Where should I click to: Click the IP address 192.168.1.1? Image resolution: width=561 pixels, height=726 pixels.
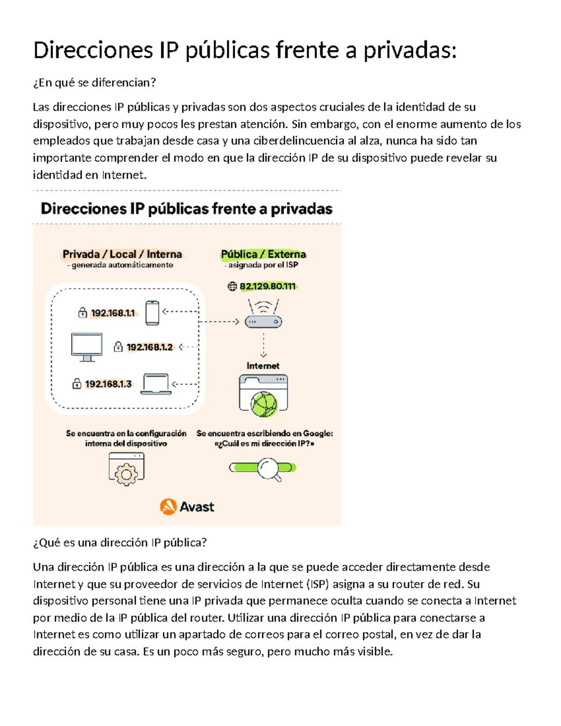click(113, 313)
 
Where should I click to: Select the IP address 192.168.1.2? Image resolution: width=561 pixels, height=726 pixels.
click(150, 347)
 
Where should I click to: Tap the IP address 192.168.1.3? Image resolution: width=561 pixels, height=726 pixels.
click(108, 384)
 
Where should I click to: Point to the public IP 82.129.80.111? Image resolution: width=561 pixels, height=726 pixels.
click(267, 287)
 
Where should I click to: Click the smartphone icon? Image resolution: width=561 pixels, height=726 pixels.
click(152, 313)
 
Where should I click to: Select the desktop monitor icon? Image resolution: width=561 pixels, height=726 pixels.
click(86, 347)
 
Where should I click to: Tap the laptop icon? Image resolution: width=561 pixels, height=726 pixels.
click(156, 384)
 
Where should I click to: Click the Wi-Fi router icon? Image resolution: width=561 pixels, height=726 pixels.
click(264, 314)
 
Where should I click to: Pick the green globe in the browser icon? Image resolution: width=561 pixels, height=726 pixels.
click(264, 403)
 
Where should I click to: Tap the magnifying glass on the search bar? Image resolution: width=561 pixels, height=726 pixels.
click(269, 468)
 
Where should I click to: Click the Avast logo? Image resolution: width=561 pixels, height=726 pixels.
click(187, 507)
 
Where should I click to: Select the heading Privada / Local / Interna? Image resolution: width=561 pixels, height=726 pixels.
click(122, 254)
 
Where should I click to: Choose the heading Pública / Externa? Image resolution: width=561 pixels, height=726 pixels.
click(263, 254)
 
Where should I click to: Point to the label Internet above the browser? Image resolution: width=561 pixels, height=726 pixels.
click(263, 366)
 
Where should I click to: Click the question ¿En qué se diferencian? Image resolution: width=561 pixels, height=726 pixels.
click(94, 83)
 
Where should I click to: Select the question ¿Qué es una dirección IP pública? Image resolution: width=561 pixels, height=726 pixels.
click(120, 542)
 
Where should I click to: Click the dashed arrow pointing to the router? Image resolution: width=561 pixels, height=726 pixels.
click(219, 322)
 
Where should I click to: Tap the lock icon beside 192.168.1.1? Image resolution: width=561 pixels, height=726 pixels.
click(83, 313)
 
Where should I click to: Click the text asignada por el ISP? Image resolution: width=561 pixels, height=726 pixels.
click(263, 265)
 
